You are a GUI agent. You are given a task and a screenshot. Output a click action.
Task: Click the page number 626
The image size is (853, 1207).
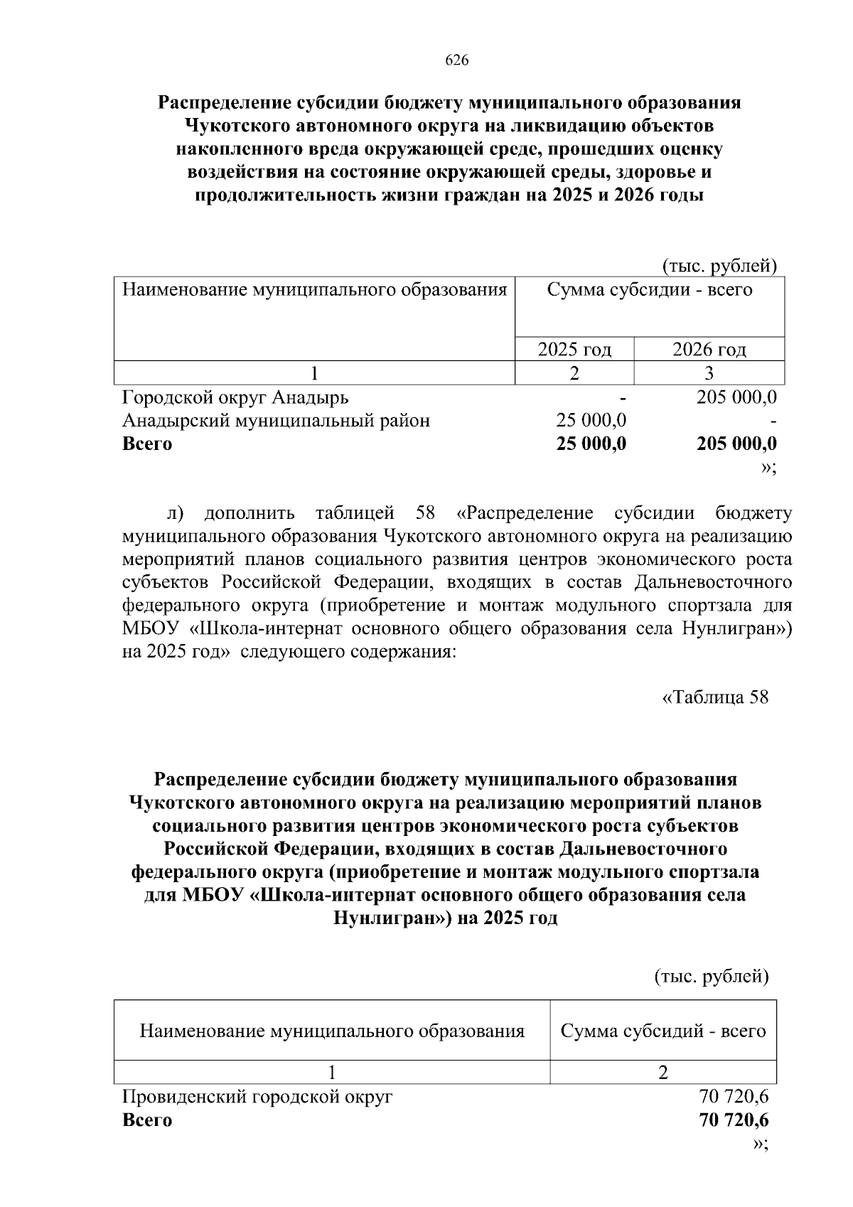(456, 60)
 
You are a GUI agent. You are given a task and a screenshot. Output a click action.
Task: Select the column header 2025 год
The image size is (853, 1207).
(574, 349)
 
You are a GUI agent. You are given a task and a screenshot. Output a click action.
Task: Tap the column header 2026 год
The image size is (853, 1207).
(709, 349)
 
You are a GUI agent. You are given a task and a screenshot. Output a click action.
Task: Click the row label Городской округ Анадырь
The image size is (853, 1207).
(235, 397)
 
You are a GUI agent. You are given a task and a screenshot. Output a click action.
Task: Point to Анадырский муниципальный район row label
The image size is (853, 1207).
(276, 420)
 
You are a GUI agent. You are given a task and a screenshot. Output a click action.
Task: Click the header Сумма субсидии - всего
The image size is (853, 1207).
(649, 290)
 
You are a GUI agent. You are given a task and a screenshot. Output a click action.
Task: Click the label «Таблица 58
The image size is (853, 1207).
(714, 697)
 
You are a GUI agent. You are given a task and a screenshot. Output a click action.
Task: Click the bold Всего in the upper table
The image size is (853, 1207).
(147, 444)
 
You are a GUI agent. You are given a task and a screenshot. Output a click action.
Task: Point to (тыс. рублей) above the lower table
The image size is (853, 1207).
(711, 977)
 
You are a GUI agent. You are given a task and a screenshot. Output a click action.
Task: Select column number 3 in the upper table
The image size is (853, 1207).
(709, 372)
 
